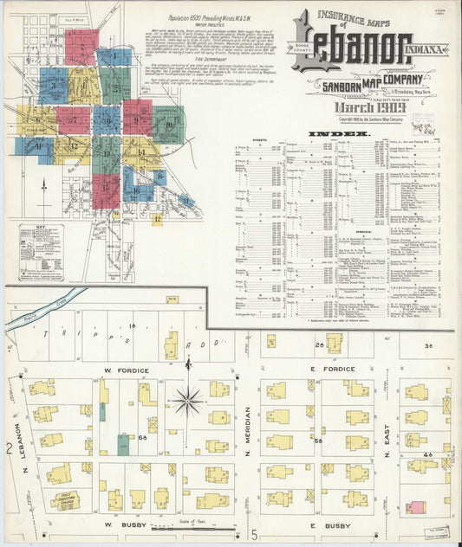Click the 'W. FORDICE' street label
pyautogui.click(x=127, y=371)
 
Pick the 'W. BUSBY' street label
pyautogui.click(x=123, y=524)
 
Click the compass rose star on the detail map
pyautogui.click(x=187, y=401)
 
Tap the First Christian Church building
pyautogui.click(x=64, y=500)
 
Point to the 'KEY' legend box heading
pyautogui.click(x=41, y=229)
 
